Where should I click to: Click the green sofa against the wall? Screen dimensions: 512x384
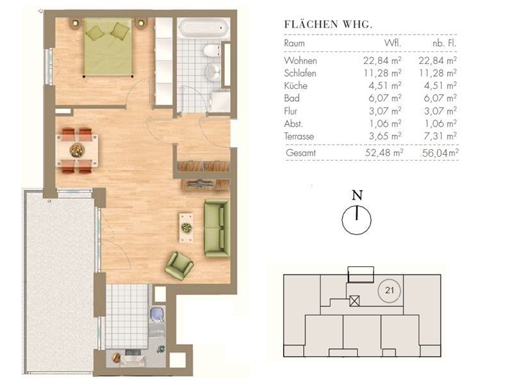[217, 228]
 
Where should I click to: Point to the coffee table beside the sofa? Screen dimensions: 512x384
[186, 227]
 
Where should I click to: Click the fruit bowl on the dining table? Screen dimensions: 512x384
[77, 150]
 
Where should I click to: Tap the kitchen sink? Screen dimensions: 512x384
[157, 314]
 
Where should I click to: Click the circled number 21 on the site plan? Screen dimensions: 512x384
[390, 290]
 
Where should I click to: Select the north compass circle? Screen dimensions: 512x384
[356, 220]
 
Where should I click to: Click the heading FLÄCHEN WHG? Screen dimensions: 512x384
[329, 25]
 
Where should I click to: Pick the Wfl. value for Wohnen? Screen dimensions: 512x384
[383, 61]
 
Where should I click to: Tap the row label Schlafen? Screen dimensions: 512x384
[300, 73]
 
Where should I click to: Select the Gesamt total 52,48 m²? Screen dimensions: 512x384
[384, 153]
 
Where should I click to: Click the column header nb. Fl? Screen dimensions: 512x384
[445, 44]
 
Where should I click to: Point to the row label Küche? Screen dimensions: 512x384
[296, 86]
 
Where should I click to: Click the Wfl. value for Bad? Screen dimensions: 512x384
[385, 98]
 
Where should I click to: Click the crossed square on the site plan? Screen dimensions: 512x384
[354, 300]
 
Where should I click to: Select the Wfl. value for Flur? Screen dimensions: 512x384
[385, 111]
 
